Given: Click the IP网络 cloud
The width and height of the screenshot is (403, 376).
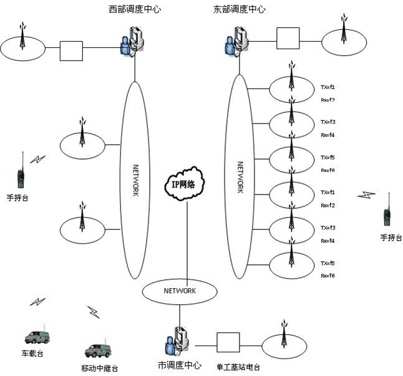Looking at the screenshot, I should pos(187,184).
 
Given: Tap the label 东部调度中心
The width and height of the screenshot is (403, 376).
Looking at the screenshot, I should pos(239,9).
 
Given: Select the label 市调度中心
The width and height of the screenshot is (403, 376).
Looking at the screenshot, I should pos(178,364).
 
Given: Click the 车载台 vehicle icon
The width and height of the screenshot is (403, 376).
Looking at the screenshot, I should pos(37,337).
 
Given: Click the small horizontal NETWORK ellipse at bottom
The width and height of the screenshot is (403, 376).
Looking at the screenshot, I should pos(180,291).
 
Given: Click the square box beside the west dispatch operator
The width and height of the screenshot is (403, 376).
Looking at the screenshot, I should pos(71,51).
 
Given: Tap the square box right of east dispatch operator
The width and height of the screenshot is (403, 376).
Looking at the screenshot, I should pos(288,37).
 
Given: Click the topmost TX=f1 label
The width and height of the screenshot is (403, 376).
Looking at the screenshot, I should pos(328,87).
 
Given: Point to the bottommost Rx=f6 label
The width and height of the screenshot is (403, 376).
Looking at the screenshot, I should pos(328,276).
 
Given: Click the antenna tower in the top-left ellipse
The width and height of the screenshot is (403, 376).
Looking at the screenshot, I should pos(22,39).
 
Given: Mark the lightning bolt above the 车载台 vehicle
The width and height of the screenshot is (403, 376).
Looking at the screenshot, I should pos(37,302).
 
